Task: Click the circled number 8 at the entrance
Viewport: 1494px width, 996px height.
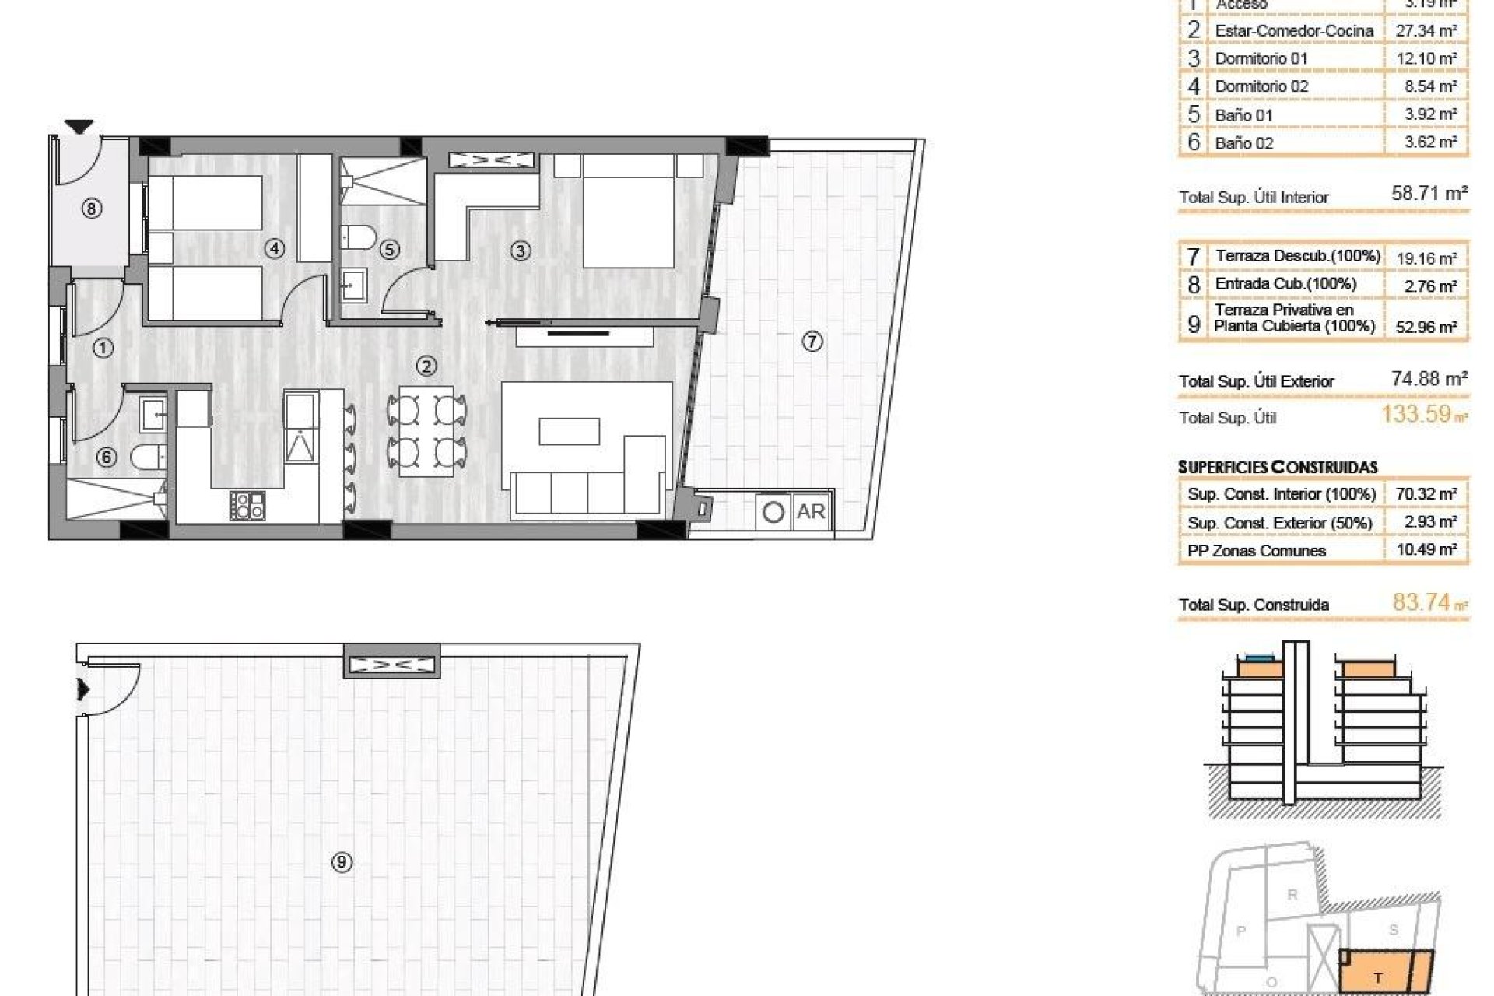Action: tap(92, 209)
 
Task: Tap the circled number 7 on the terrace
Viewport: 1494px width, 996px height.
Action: tap(812, 342)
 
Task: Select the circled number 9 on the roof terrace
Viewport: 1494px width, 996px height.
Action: tap(342, 861)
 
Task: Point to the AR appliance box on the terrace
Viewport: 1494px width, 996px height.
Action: tap(811, 512)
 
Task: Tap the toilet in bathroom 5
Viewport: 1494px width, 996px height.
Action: tap(359, 235)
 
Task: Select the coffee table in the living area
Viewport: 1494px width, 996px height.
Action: tap(570, 431)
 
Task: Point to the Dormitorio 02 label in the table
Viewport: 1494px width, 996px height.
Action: tap(1261, 86)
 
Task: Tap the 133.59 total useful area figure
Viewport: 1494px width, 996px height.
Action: tap(1416, 414)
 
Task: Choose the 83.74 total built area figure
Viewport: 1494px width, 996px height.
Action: tap(1422, 602)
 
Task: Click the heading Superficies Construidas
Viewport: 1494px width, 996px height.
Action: tap(1278, 468)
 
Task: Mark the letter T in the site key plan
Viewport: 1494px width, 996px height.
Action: tap(1379, 978)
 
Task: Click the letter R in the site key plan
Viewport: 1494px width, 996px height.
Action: tap(1292, 895)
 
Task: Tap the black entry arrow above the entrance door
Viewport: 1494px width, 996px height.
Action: tap(79, 126)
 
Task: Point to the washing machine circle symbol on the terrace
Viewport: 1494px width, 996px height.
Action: tap(773, 513)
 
